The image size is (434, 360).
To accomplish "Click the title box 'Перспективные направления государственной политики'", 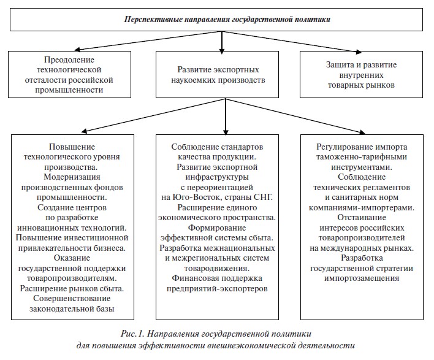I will [x=223, y=20].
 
